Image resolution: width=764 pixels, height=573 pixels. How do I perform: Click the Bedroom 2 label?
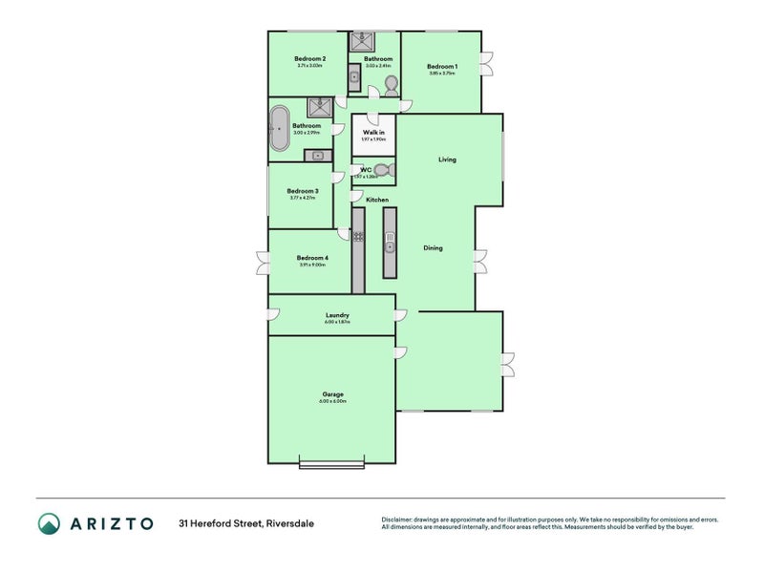(x=311, y=59)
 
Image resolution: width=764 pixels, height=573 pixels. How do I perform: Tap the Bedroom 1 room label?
(x=442, y=66)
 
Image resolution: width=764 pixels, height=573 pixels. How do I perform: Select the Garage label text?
(x=333, y=394)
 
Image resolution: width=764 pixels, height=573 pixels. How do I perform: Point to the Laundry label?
(x=337, y=315)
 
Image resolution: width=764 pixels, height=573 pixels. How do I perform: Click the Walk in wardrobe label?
(x=373, y=133)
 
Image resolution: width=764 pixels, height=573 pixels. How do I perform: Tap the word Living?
(x=447, y=159)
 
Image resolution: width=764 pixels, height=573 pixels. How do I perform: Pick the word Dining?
(x=433, y=248)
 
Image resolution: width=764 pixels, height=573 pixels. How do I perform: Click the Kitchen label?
(x=377, y=200)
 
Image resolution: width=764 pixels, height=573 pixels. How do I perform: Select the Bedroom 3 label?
(x=303, y=191)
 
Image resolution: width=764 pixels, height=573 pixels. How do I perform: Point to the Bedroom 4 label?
(x=311, y=258)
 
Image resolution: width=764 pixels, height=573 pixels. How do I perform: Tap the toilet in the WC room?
(x=381, y=170)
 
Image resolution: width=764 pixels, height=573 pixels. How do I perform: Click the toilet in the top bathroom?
(x=391, y=86)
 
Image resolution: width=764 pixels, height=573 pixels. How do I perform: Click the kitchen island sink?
(x=390, y=247)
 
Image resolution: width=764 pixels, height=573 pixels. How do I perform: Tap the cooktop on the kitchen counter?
(x=358, y=235)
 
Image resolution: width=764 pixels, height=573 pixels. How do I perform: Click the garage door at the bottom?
(x=331, y=465)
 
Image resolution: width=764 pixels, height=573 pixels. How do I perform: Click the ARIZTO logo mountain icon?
(x=49, y=522)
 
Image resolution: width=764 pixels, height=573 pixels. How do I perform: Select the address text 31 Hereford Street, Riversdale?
(x=245, y=523)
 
